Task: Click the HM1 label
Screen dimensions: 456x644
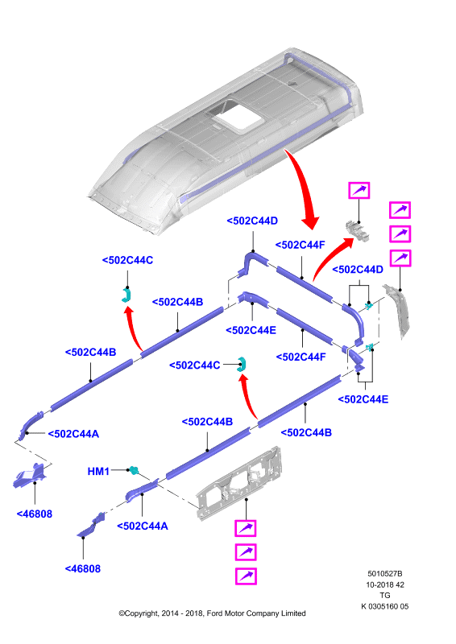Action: tap(98, 471)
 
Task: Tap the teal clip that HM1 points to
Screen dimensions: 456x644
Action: tap(134, 470)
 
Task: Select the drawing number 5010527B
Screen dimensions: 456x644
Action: tap(385, 573)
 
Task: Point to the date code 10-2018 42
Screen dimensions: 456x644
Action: tap(385, 584)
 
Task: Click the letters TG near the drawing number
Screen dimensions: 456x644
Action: tap(385, 595)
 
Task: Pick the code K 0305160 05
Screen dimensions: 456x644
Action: tap(385, 606)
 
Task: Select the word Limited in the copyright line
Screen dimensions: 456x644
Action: tap(293, 613)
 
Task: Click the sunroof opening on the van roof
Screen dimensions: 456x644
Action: tap(238, 117)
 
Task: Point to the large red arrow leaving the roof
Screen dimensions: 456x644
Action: tap(305, 187)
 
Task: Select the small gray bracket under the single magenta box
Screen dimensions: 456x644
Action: tap(356, 230)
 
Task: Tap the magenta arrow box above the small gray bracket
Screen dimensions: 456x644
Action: tap(359, 191)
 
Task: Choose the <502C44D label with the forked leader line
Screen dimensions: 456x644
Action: tap(358, 270)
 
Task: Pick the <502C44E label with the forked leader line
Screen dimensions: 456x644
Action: tap(363, 399)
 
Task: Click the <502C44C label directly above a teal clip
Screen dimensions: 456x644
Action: tap(127, 260)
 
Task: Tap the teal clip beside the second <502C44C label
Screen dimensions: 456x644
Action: tap(242, 364)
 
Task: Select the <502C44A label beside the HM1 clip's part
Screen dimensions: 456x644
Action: tap(143, 526)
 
